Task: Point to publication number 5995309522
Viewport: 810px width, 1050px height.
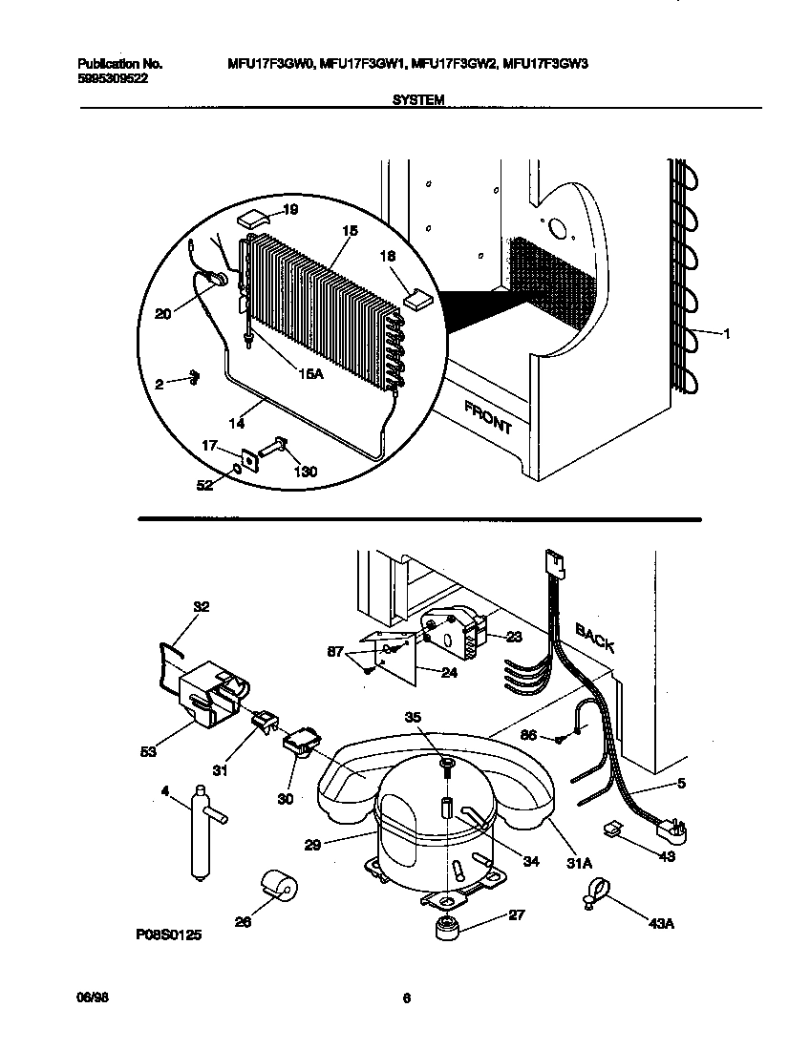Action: [x=112, y=79]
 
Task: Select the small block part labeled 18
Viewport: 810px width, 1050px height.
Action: [x=417, y=299]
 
